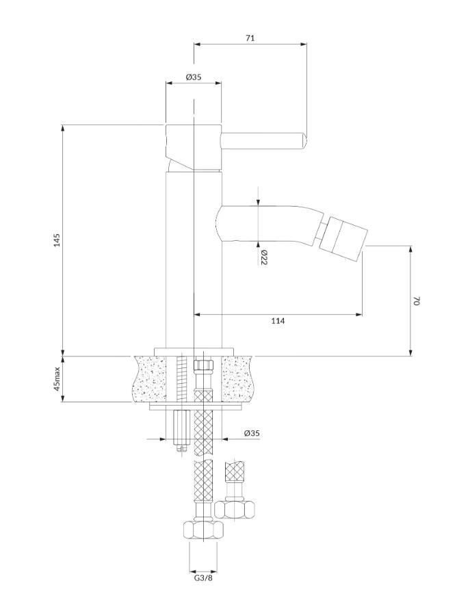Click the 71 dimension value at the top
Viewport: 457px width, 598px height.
250,38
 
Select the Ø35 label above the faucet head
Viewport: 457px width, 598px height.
194,77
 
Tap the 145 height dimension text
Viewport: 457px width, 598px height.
57,239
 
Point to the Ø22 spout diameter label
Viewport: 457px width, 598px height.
263,257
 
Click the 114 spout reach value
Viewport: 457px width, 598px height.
278,321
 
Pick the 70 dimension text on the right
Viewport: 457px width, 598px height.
416,300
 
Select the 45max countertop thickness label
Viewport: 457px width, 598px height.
57,378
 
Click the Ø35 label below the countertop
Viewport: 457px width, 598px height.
252,433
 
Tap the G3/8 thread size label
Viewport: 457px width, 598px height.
203,588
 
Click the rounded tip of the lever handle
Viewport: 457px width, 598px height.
304,140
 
